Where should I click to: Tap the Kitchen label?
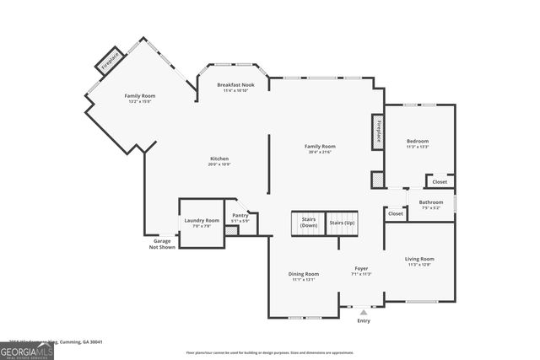(x=219, y=160)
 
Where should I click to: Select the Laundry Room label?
(x=202, y=223)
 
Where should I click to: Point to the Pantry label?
(x=240, y=217)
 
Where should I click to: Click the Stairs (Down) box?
(x=309, y=223)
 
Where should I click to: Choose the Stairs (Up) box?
(x=342, y=223)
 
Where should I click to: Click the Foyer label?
(x=361, y=271)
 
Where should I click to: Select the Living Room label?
(x=419, y=261)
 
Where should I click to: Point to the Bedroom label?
(x=418, y=143)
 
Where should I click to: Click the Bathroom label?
(x=431, y=204)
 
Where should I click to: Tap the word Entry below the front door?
(x=364, y=320)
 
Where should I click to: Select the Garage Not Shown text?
(x=162, y=244)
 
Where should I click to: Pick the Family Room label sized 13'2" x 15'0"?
(x=140, y=98)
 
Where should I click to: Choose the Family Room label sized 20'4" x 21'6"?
(x=320, y=148)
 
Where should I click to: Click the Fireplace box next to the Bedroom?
(x=378, y=133)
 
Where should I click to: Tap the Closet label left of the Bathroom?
(x=396, y=214)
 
